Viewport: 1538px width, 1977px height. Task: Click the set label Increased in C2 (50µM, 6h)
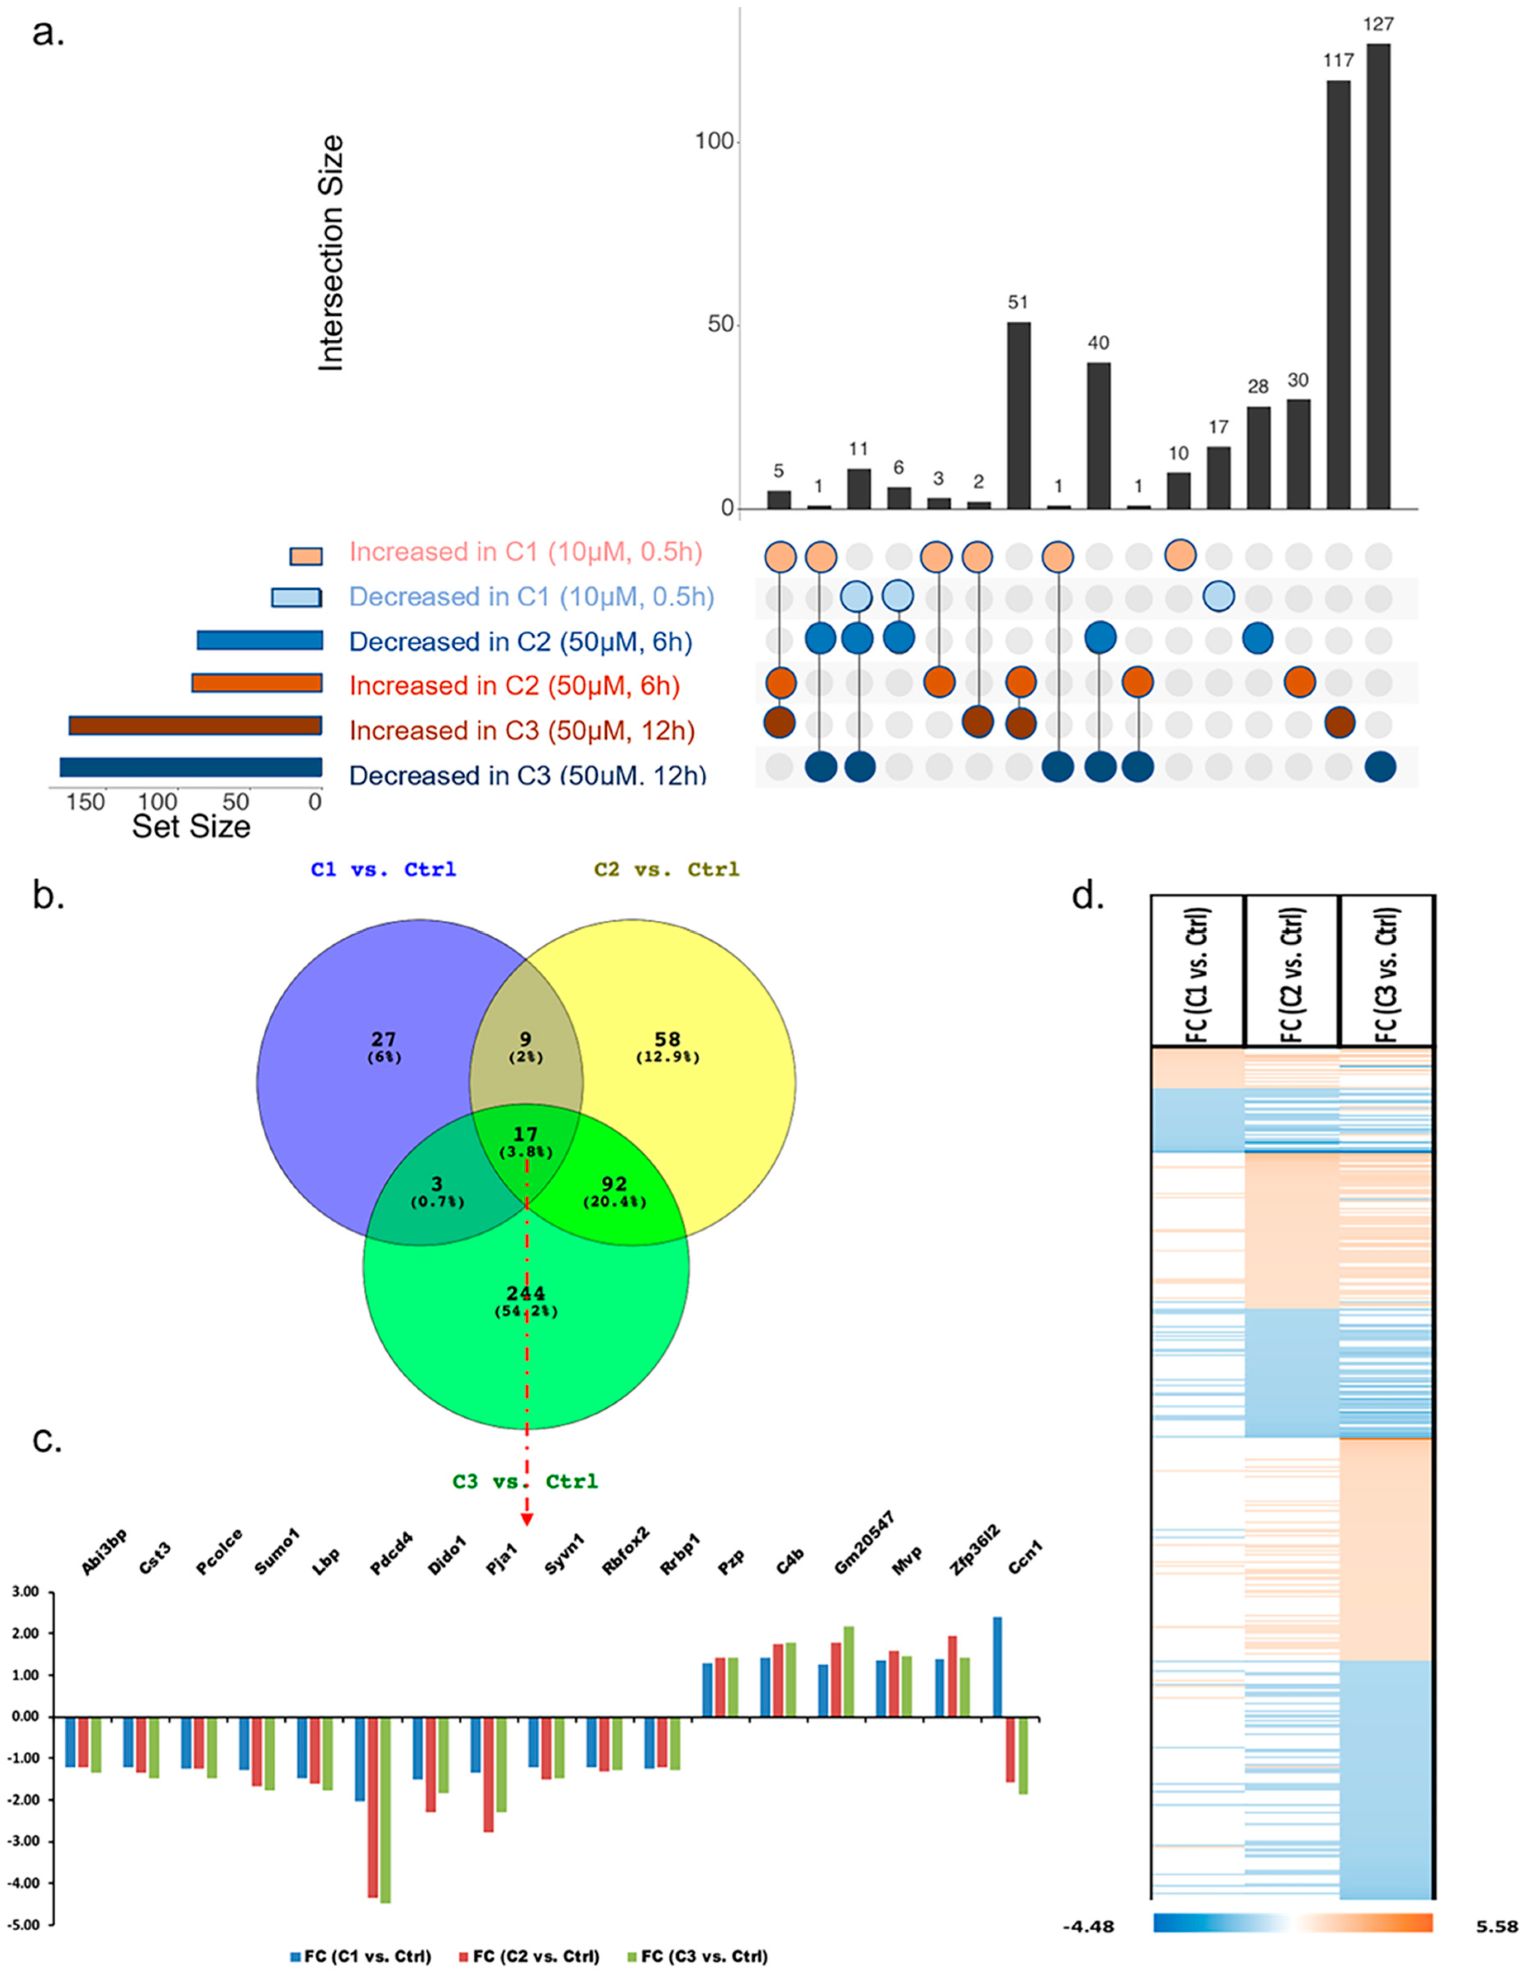tap(514, 686)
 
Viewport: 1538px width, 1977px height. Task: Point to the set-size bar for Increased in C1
tap(306, 556)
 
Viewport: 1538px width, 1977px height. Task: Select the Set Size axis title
tap(191, 827)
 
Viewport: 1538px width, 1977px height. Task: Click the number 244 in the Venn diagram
tap(526, 1293)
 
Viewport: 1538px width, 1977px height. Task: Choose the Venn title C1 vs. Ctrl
tap(383, 870)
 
